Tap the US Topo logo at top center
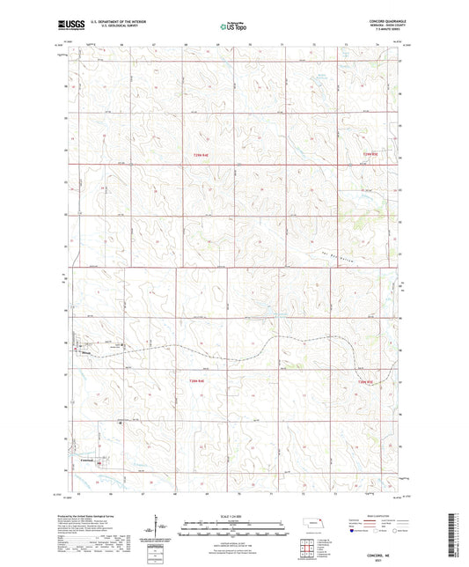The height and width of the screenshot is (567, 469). (x=231, y=27)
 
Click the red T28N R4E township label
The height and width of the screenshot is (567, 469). (x=197, y=380)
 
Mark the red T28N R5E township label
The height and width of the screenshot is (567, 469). (x=365, y=380)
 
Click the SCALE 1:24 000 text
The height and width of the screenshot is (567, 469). (x=234, y=514)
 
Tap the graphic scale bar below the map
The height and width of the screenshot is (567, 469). (x=234, y=531)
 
